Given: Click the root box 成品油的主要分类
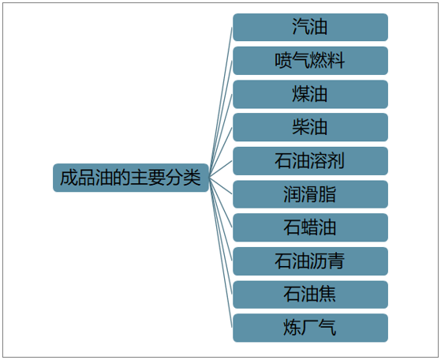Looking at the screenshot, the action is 131,178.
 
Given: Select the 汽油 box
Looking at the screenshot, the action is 310,27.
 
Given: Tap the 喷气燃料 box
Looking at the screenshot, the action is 310,61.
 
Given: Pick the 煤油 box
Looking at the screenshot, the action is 310,94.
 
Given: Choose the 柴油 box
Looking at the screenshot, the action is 310,127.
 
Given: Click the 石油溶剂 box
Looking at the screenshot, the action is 310,161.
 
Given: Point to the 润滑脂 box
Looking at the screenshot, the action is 310,194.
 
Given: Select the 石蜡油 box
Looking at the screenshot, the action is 310,227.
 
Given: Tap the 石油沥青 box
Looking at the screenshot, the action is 310,261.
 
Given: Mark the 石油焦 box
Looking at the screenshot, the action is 310,294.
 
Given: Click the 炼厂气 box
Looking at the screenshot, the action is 310,328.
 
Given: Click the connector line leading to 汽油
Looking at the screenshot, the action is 221,103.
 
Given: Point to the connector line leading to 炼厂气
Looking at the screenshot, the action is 221,253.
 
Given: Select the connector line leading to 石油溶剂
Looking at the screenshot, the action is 221,169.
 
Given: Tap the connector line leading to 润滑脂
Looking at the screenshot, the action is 221,186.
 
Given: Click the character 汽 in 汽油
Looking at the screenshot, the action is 301,27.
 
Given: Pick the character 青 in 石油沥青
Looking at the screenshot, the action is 336,261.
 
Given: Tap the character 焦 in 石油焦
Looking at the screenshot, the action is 327,294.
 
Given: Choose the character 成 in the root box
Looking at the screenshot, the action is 69,178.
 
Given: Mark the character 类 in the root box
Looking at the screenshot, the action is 192,178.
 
